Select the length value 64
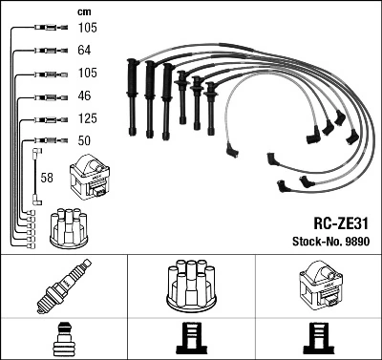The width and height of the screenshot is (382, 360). click(86, 49)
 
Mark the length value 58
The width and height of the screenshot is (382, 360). click(47, 178)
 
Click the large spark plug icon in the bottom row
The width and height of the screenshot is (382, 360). click(63, 286)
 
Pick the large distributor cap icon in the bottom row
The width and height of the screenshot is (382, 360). click(191, 284)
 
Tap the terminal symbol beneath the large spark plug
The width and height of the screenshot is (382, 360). click(63, 338)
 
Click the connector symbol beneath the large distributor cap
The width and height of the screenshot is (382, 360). click(191, 338)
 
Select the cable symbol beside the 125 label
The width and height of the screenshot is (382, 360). click(48, 119)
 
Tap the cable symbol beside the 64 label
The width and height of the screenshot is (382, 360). click(48, 49)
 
